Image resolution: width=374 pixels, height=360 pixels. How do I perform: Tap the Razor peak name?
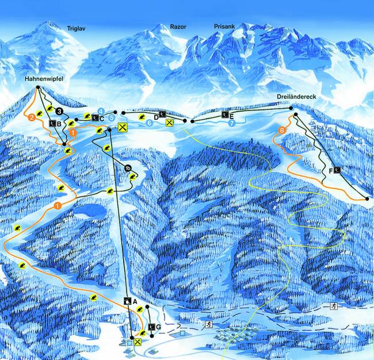coord(178,26)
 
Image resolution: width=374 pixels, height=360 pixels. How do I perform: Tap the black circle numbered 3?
coord(60,111)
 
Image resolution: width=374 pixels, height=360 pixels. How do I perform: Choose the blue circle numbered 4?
coord(101,110)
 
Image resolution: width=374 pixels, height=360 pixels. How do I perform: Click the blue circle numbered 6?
coord(149,122)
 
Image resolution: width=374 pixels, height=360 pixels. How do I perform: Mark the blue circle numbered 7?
coord(232,123)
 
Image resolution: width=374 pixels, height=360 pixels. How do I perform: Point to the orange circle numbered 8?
coord(281,131)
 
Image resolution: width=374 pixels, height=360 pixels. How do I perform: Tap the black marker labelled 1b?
coord(128,168)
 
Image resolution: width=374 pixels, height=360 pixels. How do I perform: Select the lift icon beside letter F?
coord(338,170)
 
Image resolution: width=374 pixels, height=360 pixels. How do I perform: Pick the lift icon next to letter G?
coord(151,327)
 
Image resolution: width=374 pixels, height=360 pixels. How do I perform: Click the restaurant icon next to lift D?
coord(169,122)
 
